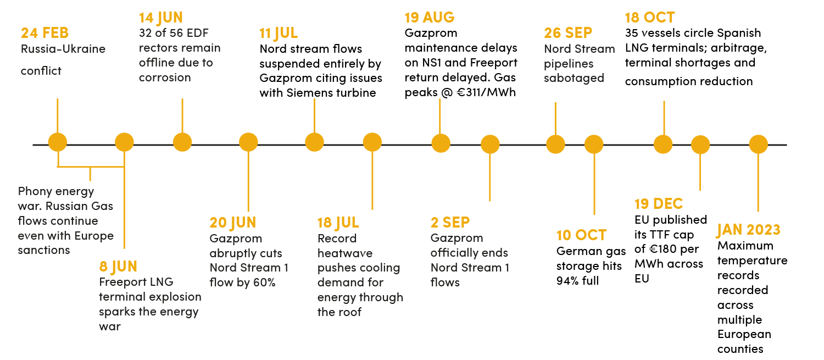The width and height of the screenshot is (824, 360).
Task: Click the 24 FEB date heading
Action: (44, 33)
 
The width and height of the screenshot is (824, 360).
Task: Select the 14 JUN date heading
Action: (161, 18)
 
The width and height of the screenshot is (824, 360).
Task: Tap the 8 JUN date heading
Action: (118, 267)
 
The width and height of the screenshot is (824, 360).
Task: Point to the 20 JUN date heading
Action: (232, 223)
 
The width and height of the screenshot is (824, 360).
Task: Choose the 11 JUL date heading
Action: (279, 33)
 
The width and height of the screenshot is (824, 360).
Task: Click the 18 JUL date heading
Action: (338, 223)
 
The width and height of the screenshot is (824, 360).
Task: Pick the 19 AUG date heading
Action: (429, 17)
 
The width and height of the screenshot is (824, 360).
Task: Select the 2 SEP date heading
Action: (450, 223)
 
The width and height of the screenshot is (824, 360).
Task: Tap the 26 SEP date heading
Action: (568, 33)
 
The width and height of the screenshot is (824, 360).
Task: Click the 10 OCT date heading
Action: (581, 235)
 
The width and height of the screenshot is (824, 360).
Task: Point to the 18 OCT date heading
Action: (650, 18)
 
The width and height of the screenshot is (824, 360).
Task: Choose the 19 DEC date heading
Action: (659, 204)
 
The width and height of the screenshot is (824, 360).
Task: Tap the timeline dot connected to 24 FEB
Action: (58, 142)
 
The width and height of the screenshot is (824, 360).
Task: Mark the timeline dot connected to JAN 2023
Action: (759, 144)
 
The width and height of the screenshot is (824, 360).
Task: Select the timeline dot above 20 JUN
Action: (248, 142)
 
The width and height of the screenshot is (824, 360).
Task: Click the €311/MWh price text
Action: (486, 92)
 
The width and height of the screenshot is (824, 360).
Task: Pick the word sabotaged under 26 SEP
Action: (574, 78)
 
